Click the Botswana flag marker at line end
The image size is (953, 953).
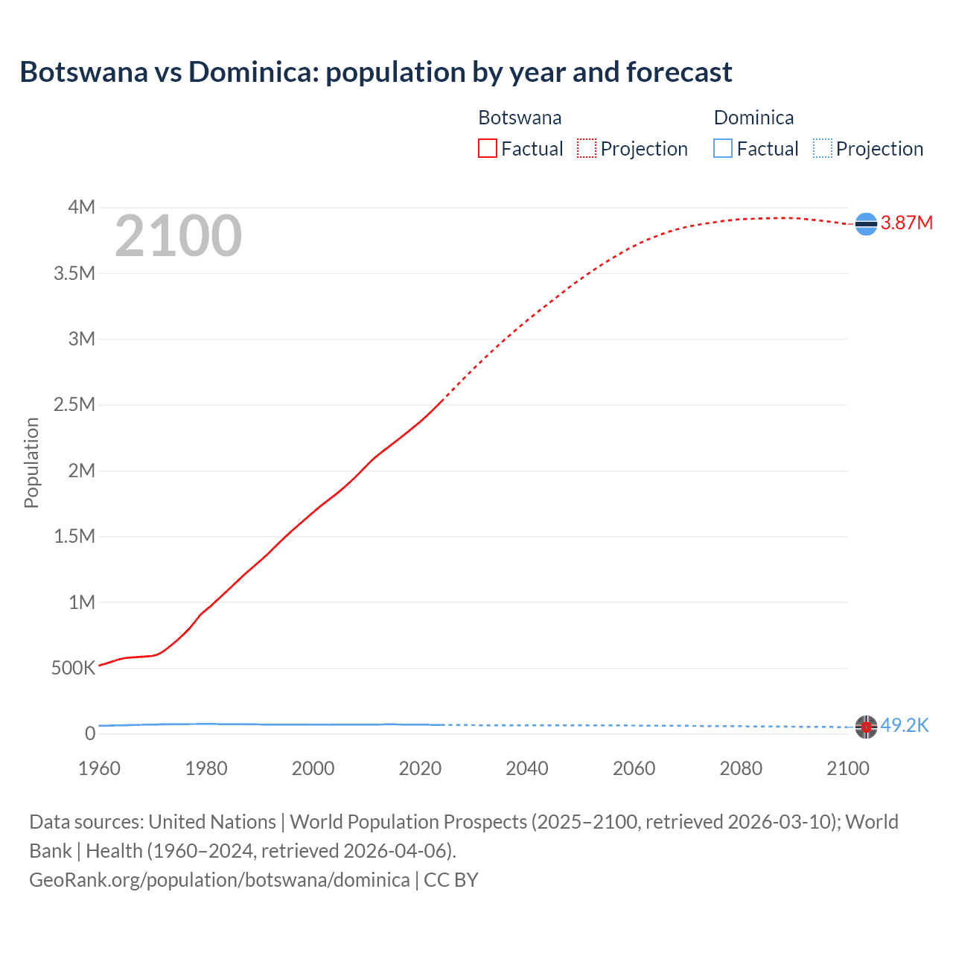(x=866, y=223)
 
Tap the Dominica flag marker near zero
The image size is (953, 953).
(x=866, y=727)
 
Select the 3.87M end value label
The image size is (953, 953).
(x=907, y=223)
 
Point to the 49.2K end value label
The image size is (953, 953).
(x=905, y=725)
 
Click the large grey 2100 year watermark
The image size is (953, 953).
(x=178, y=236)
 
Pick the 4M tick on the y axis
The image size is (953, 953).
(x=82, y=207)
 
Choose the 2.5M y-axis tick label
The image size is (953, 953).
(x=74, y=405)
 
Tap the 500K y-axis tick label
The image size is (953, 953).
(x=73, y=668)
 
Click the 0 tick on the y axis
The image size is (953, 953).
(x=90, y=733)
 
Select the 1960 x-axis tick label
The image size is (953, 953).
(x=99, y=768)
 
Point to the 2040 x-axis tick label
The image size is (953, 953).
(x=527, y=768)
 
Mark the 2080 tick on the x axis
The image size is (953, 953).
(x=741, y=768)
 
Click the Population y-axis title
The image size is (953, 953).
(x=31, y=462)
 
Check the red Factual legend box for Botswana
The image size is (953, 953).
(x=487, y=148)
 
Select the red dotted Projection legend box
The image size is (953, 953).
(x=587, y=148)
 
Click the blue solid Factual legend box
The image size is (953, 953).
(x=723, y=148)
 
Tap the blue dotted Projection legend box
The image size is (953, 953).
(x=822, y=148)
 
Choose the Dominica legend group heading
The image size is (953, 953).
(x=753, y=118)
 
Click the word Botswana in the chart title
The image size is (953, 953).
(x=84, y=72)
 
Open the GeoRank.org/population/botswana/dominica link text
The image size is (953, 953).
(x=220, y=880)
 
